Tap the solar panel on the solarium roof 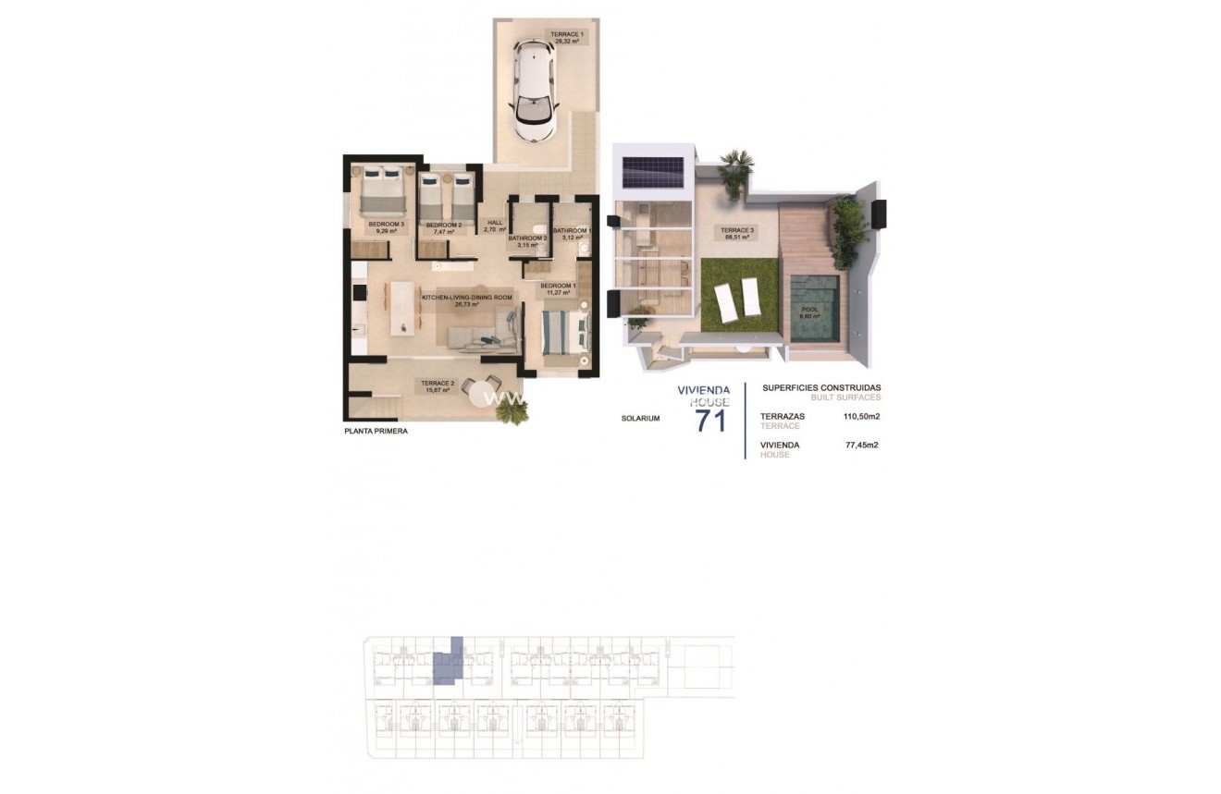652,171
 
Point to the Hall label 495,225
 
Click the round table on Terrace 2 481,387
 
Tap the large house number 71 709,421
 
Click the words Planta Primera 376,431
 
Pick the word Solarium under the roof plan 640,418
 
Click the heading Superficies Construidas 820,388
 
